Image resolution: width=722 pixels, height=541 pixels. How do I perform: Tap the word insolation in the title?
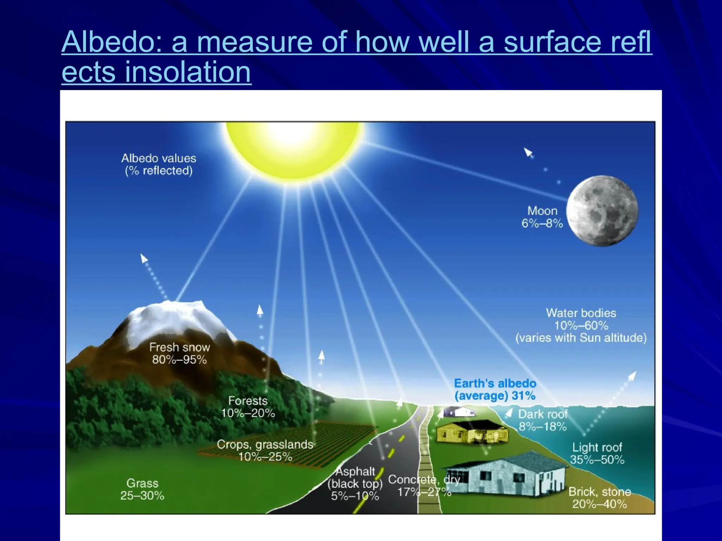pos(188,72)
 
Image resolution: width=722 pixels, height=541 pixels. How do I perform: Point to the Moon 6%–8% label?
pos(542,217)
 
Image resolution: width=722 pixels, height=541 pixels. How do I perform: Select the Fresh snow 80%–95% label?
pos(179,353)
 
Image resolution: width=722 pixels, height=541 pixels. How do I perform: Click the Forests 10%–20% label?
pos(248,407)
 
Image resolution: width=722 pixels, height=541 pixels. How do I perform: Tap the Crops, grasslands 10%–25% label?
pos(265,450)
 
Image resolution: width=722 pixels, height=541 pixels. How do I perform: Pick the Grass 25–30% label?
pos(142,489)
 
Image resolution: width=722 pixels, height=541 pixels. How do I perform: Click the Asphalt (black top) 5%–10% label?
pos(355,484)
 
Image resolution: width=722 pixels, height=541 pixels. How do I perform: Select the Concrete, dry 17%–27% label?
pos(424,485)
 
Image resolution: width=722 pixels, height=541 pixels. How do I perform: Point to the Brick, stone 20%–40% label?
pos(600,498)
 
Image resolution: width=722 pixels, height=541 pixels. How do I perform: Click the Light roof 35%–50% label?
pos(597,453)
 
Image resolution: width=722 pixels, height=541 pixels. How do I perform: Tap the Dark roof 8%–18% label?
pos(543,420)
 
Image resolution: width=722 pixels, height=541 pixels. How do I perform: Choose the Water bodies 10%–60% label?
pos(581,325)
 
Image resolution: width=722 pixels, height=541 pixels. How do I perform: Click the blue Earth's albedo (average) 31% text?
pos(495,389)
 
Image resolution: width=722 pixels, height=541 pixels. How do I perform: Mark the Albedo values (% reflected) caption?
pos(159,164)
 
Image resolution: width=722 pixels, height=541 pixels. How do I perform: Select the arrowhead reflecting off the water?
pos(632,376)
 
